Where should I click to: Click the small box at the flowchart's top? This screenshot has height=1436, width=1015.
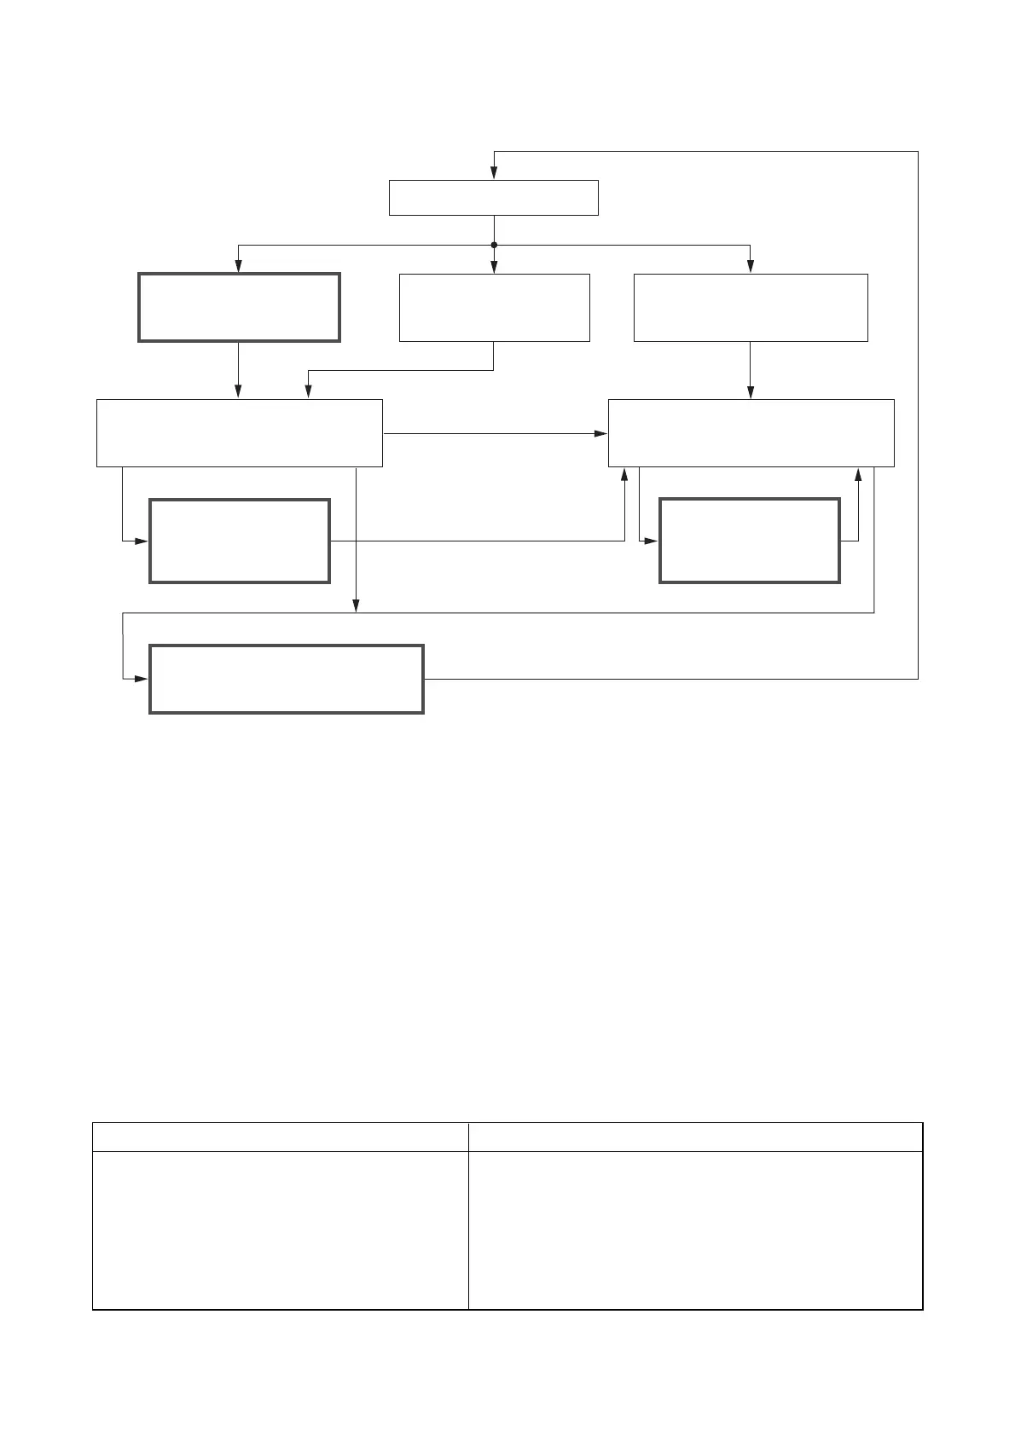pyautogui.click(x=493, y=198)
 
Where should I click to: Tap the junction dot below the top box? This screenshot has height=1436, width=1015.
pyautogui.click(x=494, y=245)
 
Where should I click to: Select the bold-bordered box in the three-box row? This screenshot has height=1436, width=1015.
pyautogui.click(x=239, y=307)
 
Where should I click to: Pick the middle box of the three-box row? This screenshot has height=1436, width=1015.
pyautogui.click(x=494, y=307)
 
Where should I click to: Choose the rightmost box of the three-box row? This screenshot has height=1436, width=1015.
pyautogui.click(x=751, y=307)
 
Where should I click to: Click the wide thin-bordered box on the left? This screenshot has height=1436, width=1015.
pyautogui.click(x=239, y=432)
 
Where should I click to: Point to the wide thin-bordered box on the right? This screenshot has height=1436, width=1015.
pyautogui.click(x=751, y=432)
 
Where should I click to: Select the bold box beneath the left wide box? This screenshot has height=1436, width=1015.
pyautogui.click(x=239, y=541)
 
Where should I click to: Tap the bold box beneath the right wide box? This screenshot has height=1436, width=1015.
pyautogui.click(x=750, y=541)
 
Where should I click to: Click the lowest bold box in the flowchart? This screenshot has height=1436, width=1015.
pyautogui.click(x=287, y=679)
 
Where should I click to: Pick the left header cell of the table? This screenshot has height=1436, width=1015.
pyautogui.click(x=280, y=1137)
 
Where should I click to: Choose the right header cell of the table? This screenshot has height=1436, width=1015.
pyautogui.click(x=695, y=1137)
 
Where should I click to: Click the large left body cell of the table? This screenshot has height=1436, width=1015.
pyautogui.click(x=280, y=1230)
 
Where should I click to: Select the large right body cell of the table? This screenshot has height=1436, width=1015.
pyautogui.click(x=695, y=1230)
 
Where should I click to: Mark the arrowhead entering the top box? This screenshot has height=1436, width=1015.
pyautogui.click(x=494, y=174)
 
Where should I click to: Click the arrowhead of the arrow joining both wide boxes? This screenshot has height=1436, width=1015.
pyautogui.click(x=600, y=433)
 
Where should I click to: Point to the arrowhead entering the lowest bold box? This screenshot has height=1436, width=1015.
pyautogui.click(x=142, y=679)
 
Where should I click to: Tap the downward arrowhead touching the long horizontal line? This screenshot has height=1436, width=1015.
pyautogui.click(x=356, y=606)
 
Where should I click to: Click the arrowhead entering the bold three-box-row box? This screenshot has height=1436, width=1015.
pyautogui.click(x=238, y=267)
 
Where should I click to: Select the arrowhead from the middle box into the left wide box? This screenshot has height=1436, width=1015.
pyautogui.click(x=308, y=392)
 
